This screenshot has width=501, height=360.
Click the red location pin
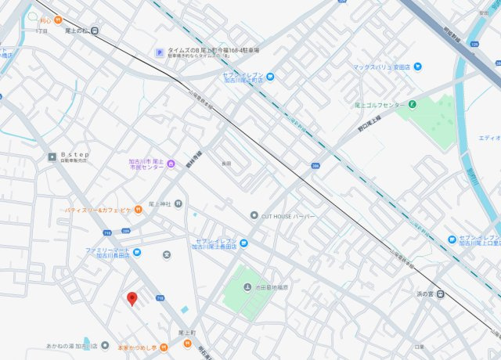132,298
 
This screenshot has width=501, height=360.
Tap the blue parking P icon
159,53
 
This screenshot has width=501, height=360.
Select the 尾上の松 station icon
94,31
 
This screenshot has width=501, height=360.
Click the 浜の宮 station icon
440,294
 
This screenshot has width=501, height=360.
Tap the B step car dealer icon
52,156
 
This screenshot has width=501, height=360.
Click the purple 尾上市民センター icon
171,163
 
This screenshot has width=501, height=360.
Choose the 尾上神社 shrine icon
179,203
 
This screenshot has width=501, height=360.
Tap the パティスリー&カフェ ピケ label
98,210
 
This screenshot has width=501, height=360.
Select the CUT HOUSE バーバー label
289,215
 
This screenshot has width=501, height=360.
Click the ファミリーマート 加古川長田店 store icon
136,252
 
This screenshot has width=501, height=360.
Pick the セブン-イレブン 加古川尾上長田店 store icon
243,243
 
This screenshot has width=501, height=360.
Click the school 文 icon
166,254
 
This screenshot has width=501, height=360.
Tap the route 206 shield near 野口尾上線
315,166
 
